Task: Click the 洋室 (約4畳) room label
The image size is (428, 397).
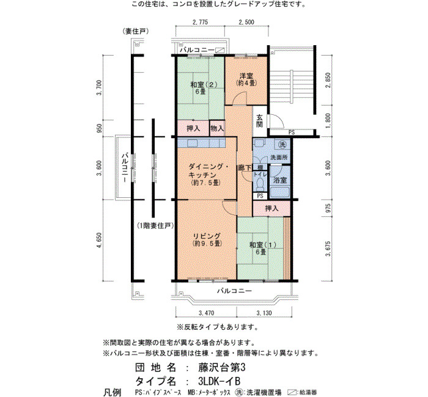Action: click(x=246, y=79)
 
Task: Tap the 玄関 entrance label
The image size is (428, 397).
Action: click(x=260, y=121)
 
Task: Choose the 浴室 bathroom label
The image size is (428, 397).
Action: click(x=280, y=180)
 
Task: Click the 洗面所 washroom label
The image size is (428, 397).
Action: click(x=279, y=158)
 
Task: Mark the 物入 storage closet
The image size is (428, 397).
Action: click(x=217, y=128)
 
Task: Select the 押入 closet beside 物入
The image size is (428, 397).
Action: click(x=194, y=128)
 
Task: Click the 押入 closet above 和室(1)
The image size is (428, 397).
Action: click(x=271, y=209)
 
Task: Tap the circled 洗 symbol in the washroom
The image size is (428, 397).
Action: click(x=282, y=145)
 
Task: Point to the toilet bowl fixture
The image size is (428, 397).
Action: click(x=260, y=184)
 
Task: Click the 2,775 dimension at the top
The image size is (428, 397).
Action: click(x=201, y=22)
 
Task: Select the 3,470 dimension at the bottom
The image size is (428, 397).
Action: click(x=207, y=313)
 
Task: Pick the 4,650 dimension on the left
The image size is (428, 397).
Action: click(x=100, y=240)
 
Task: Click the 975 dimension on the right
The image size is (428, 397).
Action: click(x=328, y=208)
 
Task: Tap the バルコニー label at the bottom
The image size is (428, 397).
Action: click(x=234, y=291)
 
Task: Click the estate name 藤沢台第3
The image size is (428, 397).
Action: click(x=221, y=368)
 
